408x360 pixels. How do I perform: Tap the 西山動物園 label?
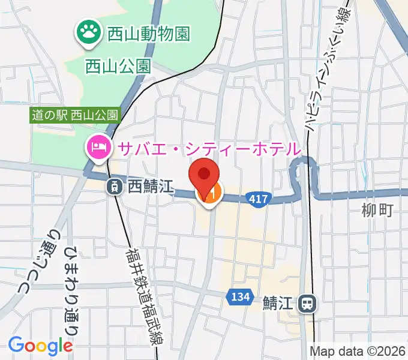coord(148,32)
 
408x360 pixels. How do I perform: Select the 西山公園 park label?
coord(118,65)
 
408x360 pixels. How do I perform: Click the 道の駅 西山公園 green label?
coord(76,114)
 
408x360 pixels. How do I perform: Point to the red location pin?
coord(204,175)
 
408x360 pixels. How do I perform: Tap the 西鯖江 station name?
coord(151,187)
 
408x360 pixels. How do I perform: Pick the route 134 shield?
coord(239,296)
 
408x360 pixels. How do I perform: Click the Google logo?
coord(40,346)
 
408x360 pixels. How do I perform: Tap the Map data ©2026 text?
coord(356,351)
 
